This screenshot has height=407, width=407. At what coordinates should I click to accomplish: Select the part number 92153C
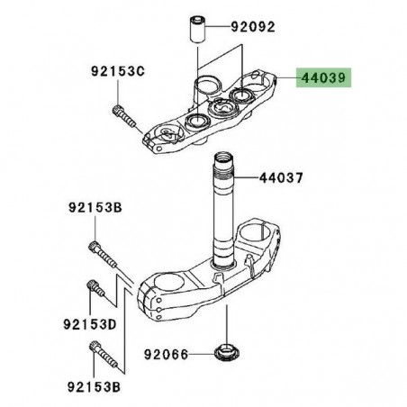(x=115, y=71)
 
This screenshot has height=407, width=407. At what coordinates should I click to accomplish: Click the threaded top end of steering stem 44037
(x=224, y=168)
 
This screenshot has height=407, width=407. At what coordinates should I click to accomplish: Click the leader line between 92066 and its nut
(x=203, y=355)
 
